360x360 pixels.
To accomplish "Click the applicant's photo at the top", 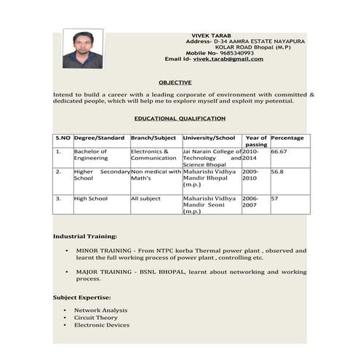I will (82, 49).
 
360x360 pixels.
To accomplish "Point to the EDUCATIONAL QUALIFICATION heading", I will (180, 118).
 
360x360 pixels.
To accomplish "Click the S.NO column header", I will (63, 138).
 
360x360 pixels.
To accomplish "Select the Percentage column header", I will (287, 138).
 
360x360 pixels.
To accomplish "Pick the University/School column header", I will (209, 138).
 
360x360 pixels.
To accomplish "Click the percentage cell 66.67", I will (279, 152).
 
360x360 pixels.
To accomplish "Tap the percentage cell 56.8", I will (277, 172).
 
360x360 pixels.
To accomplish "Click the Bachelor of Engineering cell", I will (91, 155).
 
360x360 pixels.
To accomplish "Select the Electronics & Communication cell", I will (153, 155).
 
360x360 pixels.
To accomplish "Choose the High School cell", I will (91, 198).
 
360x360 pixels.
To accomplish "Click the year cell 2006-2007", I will (250, 201).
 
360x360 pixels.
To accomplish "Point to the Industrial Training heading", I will (85, 236).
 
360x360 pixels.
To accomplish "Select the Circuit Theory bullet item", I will (95, 318).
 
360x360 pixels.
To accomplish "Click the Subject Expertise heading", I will (82, 297).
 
